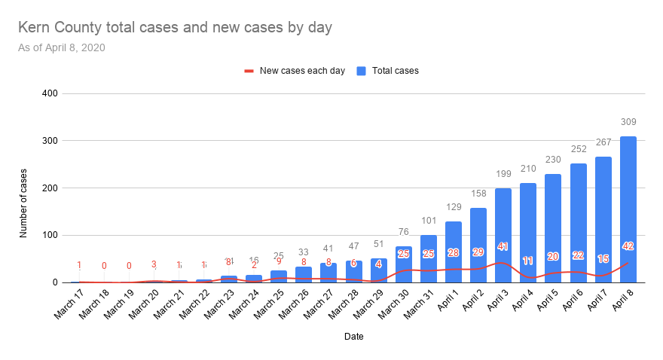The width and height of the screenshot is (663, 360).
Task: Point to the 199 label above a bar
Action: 503,174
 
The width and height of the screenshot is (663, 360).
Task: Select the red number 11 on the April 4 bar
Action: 528,261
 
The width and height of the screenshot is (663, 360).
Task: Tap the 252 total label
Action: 579,149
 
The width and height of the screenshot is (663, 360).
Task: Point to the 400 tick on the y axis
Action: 50,93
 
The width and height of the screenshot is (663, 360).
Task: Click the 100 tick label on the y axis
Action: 50,235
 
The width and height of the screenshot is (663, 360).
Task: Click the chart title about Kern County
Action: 175,28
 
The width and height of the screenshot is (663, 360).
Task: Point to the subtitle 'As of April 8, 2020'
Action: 62,47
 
